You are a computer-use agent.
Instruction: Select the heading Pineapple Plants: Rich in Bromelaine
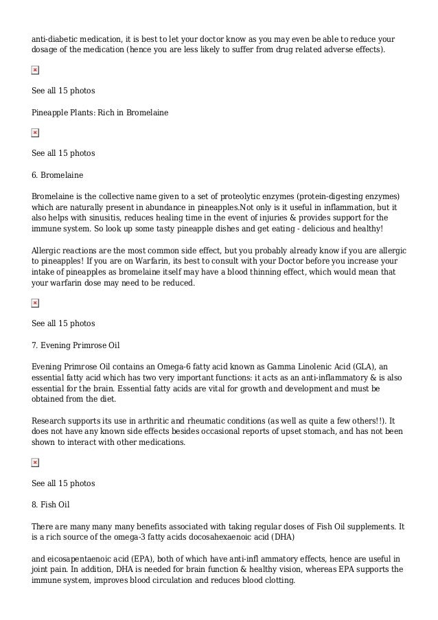click(100, 112)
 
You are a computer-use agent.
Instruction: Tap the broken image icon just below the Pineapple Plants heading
click(35, 132)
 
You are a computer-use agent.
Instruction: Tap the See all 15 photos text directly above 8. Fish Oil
click(63, 483)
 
